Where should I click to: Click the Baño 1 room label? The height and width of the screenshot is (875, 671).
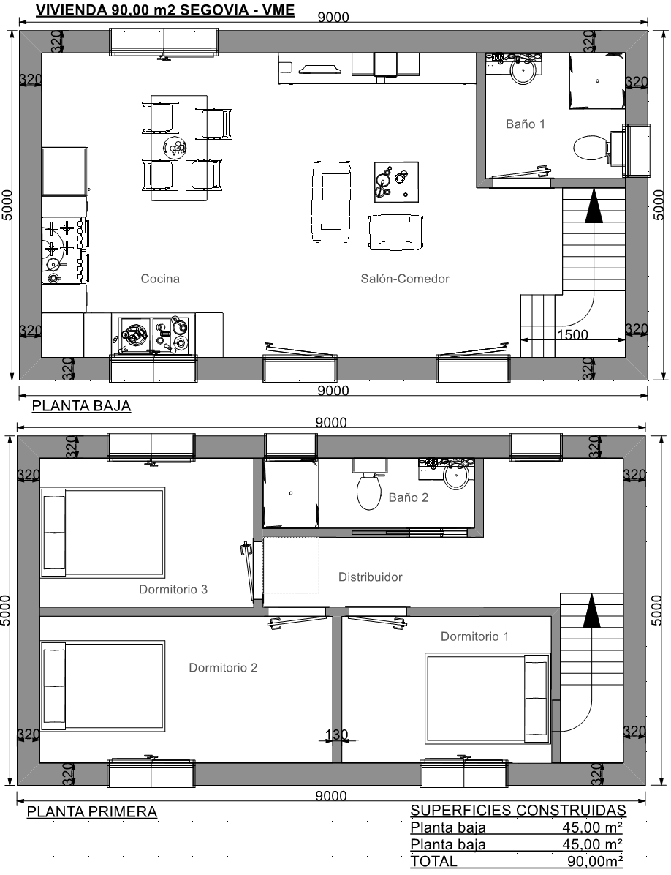[x=525, y=124]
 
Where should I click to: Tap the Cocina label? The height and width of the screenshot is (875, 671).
[x=160, y=279]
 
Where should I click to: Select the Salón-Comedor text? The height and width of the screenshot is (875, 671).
[x=405, y=279]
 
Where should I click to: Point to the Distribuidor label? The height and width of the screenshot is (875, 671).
[x=370, y=577]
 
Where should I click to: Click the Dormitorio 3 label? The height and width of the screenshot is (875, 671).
[x=173, y=589]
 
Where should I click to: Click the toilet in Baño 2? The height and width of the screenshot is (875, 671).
[x=368, y=491]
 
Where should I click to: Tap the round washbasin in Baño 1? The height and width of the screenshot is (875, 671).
[x=523, y=70]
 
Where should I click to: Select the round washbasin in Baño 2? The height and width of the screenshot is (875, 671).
[x=456, y=476]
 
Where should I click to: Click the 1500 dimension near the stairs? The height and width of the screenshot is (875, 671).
[x=572, y=334]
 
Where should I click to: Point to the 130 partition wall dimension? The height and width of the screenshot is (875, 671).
[x=337, y=735]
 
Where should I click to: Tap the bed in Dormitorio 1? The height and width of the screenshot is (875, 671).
[x=488, y=699]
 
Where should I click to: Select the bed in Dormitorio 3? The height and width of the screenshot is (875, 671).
[x=103, y=533]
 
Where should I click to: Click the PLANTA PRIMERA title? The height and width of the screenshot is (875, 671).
[x=92, y=811]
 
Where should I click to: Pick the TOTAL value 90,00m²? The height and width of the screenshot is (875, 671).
[x=595, y=861]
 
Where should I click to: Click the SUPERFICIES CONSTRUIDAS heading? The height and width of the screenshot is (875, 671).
[x=518, y=811]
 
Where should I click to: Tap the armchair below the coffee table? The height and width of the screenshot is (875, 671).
[x=395, y=232]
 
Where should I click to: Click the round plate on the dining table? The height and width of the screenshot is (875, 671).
[x=175, y=148]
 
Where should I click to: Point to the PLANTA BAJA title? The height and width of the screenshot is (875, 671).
[x=81, y=406]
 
